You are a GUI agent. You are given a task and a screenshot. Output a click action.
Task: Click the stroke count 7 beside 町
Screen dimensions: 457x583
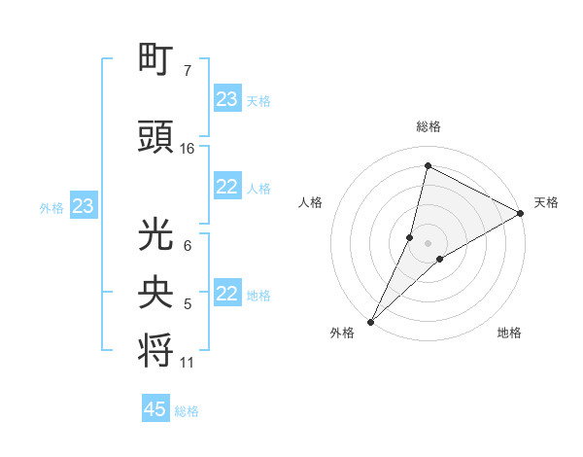coord(187,71)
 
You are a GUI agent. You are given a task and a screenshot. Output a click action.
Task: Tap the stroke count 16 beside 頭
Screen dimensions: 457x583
coord(188,149)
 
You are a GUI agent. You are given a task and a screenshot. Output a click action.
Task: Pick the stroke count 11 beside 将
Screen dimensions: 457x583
coord(188,363)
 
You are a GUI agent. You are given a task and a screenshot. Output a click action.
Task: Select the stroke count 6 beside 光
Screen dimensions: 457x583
coord(187,246)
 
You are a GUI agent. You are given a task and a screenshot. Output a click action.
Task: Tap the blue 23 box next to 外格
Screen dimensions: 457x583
coord(83,206)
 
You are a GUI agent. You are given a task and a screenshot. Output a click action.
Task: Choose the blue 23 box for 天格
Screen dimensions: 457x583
coord(227,99)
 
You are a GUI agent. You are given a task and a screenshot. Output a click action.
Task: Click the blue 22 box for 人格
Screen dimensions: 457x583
coord(227,187)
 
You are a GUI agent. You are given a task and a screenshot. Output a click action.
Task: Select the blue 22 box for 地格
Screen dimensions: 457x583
coord(227,294)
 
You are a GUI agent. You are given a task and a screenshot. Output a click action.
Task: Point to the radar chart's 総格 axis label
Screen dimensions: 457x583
coord(429,126)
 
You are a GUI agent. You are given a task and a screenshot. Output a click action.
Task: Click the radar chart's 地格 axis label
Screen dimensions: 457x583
coord(509,333)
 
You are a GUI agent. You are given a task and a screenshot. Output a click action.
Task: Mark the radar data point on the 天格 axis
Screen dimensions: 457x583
coord(521,214)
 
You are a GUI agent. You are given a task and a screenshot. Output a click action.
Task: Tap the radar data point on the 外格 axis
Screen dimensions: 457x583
coord(370,321)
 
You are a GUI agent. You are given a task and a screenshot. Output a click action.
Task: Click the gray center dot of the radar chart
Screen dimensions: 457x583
coord(428,242)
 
